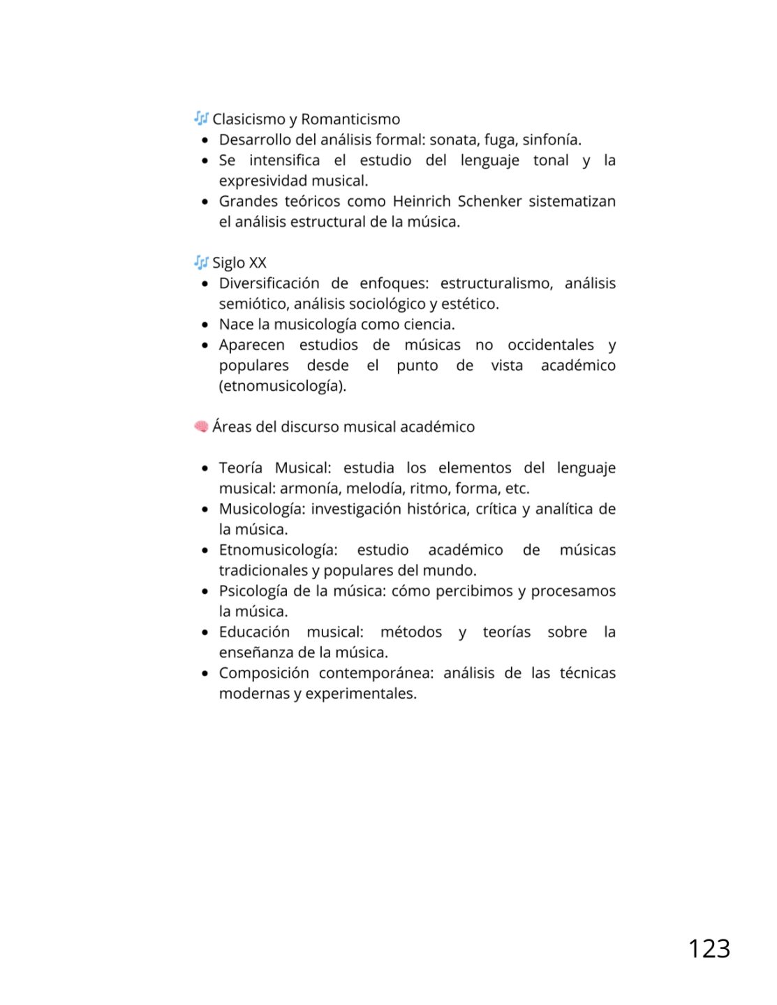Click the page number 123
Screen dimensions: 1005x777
point(709,948)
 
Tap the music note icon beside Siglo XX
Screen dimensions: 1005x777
point(201,262)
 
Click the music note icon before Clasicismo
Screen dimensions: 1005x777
point(201,118)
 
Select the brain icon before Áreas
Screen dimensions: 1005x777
point(201,426)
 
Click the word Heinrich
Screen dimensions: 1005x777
point(422,201)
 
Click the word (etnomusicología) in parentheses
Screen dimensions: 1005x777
point(283,386)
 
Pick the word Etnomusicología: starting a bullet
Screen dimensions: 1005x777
point(278,550)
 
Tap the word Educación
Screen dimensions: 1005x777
point(254,632)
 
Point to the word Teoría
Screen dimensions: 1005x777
point(240,468)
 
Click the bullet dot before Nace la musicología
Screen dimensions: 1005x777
point(205,325)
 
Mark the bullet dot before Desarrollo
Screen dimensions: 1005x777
point(205,140)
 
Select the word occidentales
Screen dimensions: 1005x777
point(551,345)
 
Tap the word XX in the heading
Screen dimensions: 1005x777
point(258,263)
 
